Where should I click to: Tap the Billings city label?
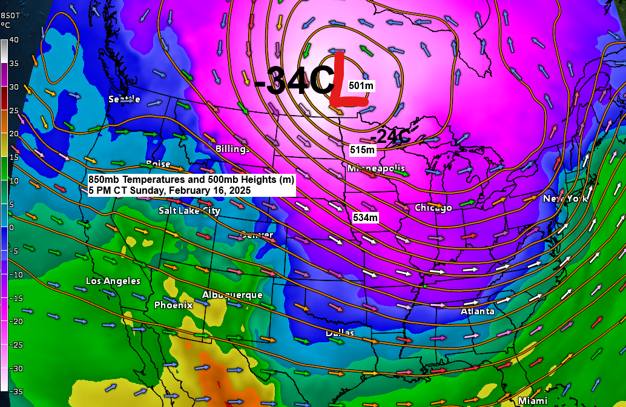[232, 149]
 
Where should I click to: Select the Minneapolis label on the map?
[376, 168]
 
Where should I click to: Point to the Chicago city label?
[433, 208]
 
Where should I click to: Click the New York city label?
[565, 199]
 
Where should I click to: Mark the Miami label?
[533, 400]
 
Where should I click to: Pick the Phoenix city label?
[173, 305]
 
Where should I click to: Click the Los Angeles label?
[113, 281]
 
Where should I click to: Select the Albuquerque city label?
[232, 295]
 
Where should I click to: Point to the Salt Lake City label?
[189, 211]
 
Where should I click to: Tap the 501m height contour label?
[361, 85]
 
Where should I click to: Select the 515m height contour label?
[363, 150]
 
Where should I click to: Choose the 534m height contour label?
[365, 217]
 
